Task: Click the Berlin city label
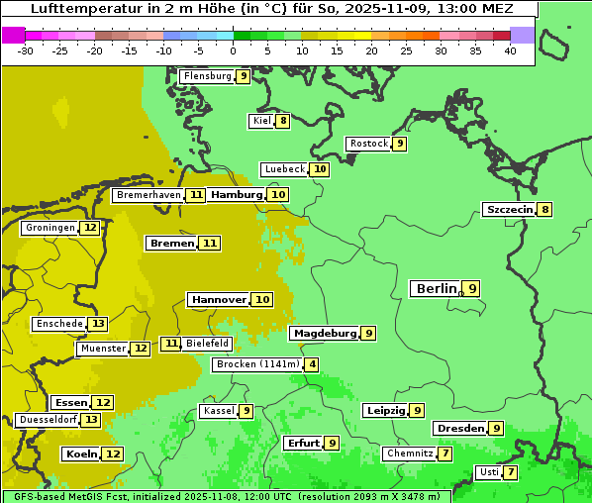pyautogui.click(x=436, y=289)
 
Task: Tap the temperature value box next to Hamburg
pyautogui.click(x=279, y=195)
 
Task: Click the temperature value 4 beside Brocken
pyautogui.click(x=313, y=364)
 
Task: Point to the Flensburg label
pyautogui.click(x=207, y=76)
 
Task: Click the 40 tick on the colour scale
pyautogui.click(x=510, y=50)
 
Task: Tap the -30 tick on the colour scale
pyautogui.click(x=26, y=50)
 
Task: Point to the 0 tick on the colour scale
pyautogui.click(x=234, y=50)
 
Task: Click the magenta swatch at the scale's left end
pyautogui.click(x=13, y=35)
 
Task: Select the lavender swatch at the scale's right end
pyautogui.click(x=523, y=35)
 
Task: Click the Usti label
pyautogui.click(x=488, y=472)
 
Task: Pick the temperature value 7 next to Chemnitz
pyautogui.click(x=446, y=453)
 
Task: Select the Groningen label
pyautogui.click(x=50, y=228)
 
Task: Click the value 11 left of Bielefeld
pyautogui.click(x=171, y=344)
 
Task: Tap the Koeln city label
pyautogui.click(x=80, y=453)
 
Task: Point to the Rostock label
pyautogui.click(x=368, y=144)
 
